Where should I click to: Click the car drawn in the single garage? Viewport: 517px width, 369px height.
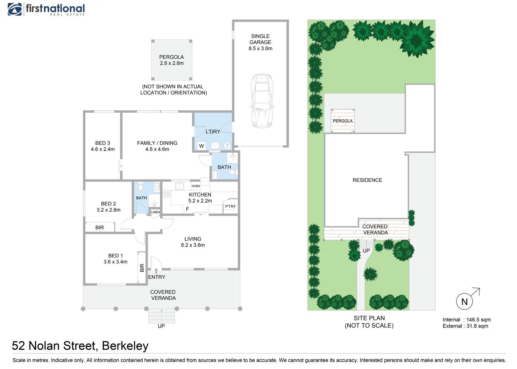tap(262, 101)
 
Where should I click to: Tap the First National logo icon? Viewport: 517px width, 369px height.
tap(14, 10)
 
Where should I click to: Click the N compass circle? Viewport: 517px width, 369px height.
tap(464, 302)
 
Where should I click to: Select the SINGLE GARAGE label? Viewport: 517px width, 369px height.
tap(260, 39)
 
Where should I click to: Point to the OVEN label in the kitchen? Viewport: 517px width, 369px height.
tap(196, 186)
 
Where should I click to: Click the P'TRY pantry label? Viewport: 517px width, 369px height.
tap(230, 206)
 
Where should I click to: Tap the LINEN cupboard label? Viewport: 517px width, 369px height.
tap(155, 212)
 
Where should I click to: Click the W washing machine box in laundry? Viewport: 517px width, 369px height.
tap(201, 146)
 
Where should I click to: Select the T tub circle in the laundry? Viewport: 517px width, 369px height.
tap(227, 146)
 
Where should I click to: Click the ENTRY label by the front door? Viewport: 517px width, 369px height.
tap(157, 277)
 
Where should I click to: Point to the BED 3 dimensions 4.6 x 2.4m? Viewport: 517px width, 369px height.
tap(103, 149)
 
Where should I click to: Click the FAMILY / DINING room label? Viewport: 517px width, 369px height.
tap(157, 143)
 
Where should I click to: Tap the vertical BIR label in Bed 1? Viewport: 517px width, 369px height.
tap(142, 268)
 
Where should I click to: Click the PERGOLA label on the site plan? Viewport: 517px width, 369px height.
tap(343, 121)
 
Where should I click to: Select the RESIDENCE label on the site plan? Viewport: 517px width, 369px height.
tap(367, 180)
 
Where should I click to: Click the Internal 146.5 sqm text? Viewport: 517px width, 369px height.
tap(467, 319)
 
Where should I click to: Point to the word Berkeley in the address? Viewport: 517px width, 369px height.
tap(125, 346)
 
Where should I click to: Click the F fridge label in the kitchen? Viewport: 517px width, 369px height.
tap(187, 209)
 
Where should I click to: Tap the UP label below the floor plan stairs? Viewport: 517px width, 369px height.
tap(161, 326)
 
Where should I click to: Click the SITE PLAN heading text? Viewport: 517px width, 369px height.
tap(369, 318)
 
